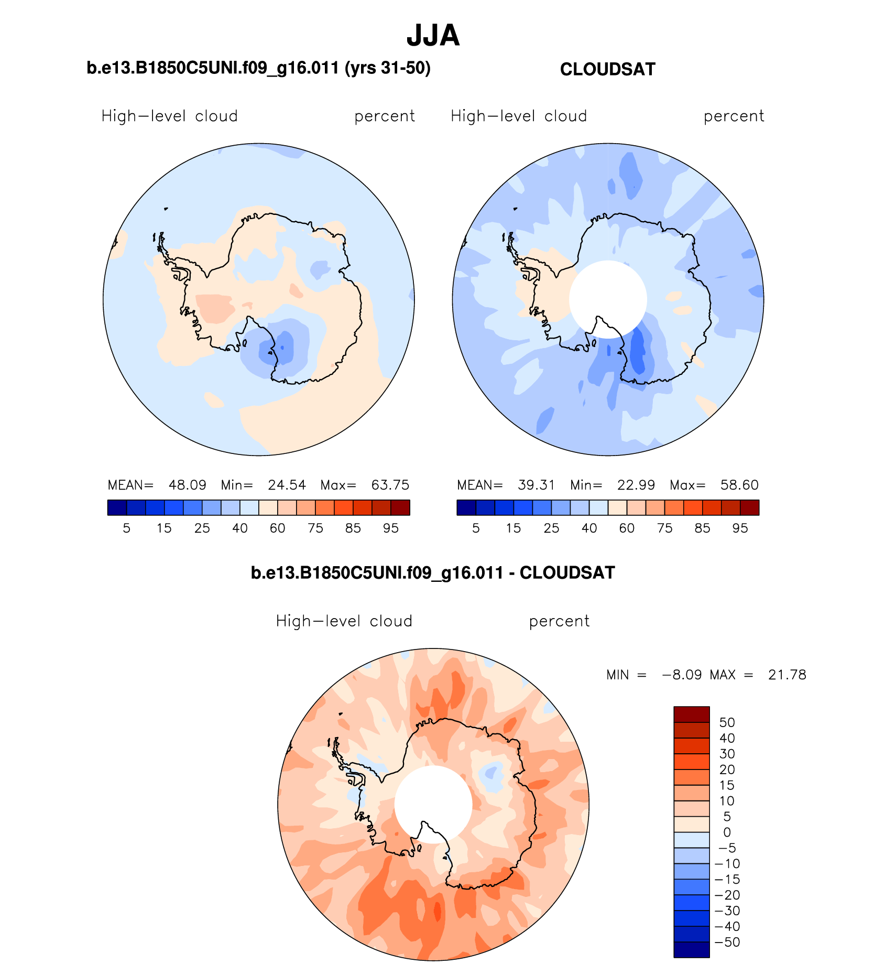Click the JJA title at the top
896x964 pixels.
click(433, 36)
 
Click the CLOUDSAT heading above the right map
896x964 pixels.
click(607, 69)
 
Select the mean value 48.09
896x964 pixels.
click(187, 485)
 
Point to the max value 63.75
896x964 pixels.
click(390, 485)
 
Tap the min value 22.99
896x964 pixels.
click(636, 485)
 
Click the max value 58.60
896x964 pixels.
click(739, 485)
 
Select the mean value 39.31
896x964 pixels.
click(536, 485)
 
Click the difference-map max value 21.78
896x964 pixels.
click(786, 675)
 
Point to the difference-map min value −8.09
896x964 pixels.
click(682, 675)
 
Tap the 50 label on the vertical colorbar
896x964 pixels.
click(727, 722)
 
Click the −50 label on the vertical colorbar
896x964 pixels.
click(727, 942)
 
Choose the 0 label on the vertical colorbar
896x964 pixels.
click(727, 832)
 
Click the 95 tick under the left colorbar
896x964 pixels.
click(390, 528)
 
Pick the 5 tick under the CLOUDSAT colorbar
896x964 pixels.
click(476, 528)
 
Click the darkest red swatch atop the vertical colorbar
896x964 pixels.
click(691, 714)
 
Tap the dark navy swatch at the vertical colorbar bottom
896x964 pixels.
click(691, 950)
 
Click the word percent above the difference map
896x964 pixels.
click(559, 621)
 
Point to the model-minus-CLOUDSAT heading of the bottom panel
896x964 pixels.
click(433, 573)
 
